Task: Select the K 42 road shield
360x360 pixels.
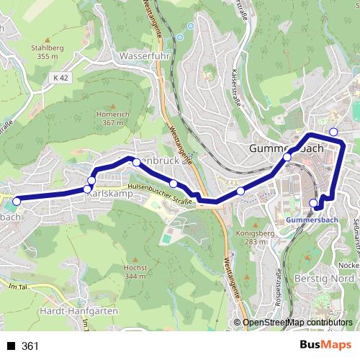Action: (60, 76)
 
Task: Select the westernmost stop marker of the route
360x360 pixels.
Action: (16, 201)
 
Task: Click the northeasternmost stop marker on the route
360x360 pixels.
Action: (333, 131)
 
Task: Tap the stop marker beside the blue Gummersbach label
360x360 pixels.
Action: (313, 203)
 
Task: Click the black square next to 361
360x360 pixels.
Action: (11, 346)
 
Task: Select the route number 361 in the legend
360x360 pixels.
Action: (30, 346)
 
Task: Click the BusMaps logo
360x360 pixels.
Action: (325, 346)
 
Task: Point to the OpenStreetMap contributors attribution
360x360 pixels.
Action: (297, 323)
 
